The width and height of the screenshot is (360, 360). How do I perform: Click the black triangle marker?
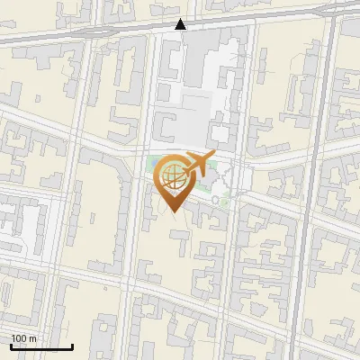click(181, 24)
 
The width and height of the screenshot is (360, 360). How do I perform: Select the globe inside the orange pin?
click(173, 175)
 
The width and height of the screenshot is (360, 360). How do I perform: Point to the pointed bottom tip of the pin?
click(173, 211)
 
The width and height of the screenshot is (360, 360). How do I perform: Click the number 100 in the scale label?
click(20, 338)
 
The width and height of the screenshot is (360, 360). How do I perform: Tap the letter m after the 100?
click(32, 338)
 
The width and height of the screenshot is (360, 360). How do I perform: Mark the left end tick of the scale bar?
click(10, 346)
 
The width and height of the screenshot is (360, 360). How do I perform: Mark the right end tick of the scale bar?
click(72, 346)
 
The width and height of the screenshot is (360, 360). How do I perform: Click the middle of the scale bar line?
click(40, 347)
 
